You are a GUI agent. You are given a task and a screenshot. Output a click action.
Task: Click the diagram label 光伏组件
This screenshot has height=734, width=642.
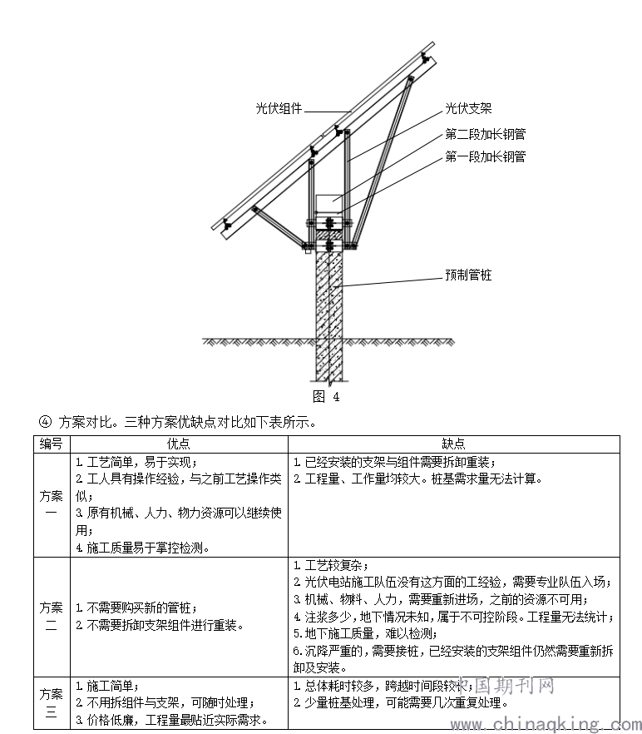click(x=279, y=108)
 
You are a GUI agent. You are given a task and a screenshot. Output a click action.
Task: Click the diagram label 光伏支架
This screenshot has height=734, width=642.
click(x=468, y=108)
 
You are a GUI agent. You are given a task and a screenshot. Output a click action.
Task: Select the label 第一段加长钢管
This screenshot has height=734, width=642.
click(x=485, y=156)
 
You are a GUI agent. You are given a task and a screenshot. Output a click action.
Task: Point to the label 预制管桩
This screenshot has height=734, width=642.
click(x=468, y=274)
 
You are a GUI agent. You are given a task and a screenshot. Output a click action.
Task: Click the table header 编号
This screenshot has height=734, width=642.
click(x=52, y=444)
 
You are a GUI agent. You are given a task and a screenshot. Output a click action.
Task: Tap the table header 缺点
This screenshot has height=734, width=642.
click(x=453, y=444)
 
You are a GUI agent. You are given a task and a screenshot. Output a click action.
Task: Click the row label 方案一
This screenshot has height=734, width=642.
click(x=52, y=504)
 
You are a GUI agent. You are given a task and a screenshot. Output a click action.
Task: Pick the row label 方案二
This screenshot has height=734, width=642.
click(x=52, y=616)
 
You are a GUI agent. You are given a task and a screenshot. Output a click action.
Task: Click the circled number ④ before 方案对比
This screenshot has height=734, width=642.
click(x=45, y=422)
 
